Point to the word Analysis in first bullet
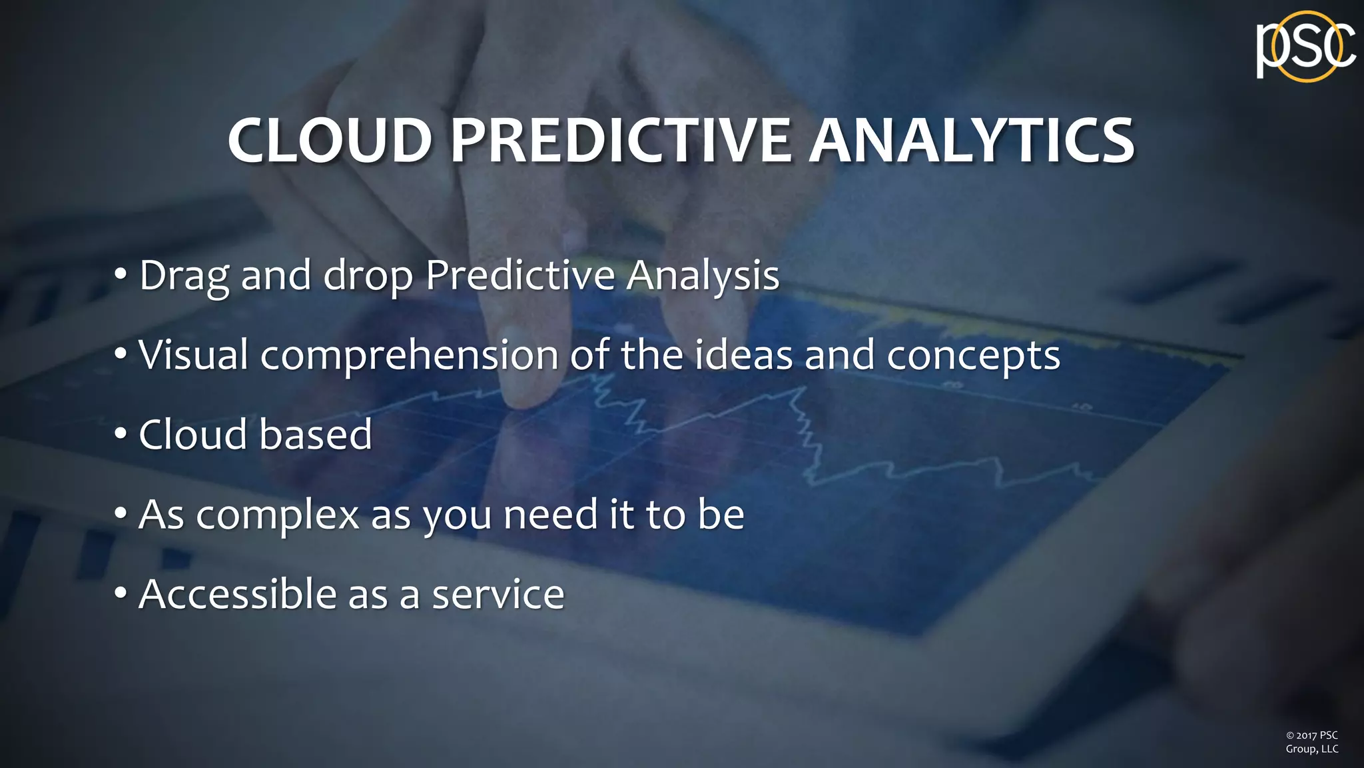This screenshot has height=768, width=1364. point(702,275)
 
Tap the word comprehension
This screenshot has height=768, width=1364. point(409,356)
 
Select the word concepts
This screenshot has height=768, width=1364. point(973,356)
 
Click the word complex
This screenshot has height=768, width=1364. point(278,516)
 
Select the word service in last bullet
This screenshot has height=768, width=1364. point(498,595)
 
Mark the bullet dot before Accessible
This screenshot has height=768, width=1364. point(121,593)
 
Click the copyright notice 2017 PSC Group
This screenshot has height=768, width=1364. point(1311,742)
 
